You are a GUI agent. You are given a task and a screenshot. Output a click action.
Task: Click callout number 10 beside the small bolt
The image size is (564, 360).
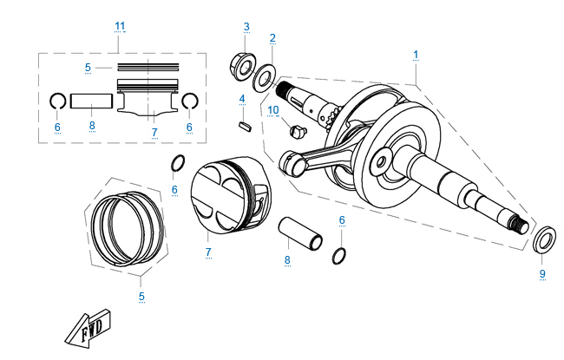coord(272,110)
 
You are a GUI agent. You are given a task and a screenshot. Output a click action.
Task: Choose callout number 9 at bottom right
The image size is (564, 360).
coord(542,274)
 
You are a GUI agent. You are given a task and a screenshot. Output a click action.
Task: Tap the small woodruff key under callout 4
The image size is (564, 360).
coord(244,125)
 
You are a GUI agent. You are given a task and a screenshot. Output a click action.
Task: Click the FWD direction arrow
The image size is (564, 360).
coord(86,328)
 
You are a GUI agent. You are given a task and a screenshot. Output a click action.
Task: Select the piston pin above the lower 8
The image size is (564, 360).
coord(301,233)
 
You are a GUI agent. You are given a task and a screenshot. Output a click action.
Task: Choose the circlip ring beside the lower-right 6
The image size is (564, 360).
coord(341,255)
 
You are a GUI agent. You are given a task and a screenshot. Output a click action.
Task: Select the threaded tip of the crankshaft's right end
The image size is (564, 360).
coord(522,224)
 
